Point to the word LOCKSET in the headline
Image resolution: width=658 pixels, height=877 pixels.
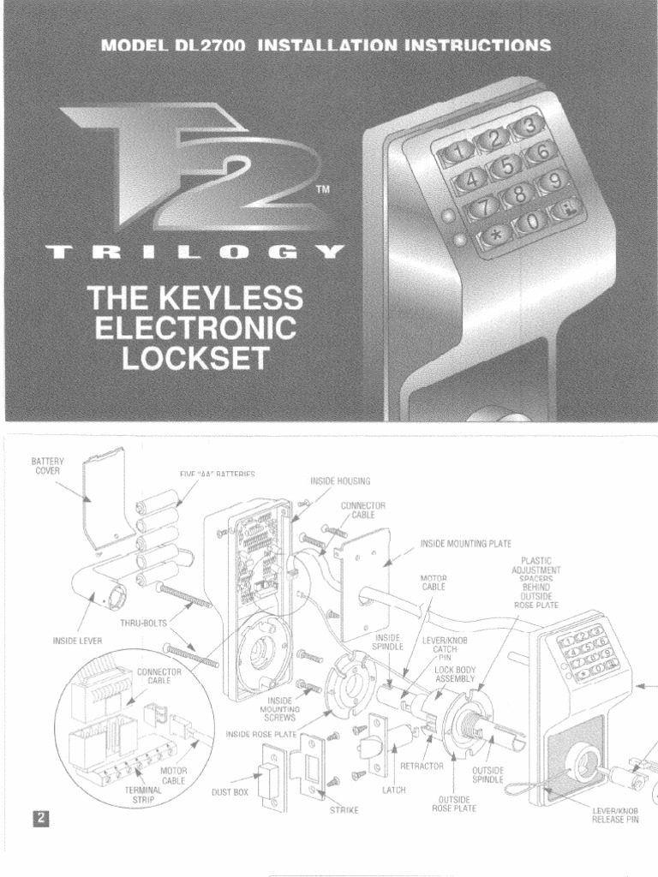pyautogui.click(x=195, y=356)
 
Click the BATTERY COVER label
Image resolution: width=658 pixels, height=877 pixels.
pyautogui.click(x=48, y=466)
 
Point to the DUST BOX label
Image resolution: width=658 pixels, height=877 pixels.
pyautogui.click(x=230, y=792)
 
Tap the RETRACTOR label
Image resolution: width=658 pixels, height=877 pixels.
pyautogui.click(x=433, y=764)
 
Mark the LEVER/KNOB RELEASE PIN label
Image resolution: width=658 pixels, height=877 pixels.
pyautogui.click(x=615, y=814)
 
